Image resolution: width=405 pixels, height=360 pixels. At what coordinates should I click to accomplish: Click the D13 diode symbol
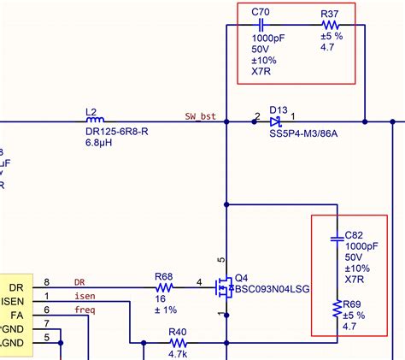click(277, 122)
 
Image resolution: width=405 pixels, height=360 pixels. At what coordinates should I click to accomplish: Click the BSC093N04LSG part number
click(274, 290)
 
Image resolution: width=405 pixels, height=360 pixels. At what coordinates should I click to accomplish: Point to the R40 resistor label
click(178, 332)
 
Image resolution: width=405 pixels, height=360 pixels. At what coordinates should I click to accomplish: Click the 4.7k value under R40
click(179, 353)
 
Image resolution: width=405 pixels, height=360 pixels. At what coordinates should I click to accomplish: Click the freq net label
click(84, 310)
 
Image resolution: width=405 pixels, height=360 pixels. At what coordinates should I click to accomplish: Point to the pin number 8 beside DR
click(47, 282)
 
